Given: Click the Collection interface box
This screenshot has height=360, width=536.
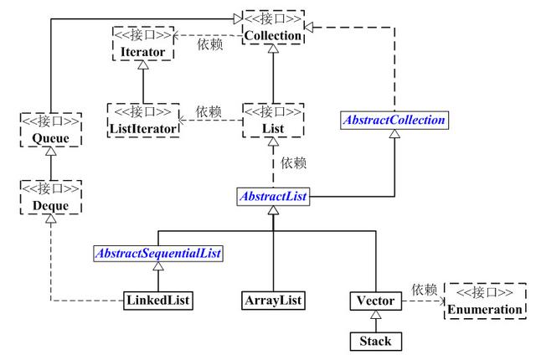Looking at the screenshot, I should tap(273, 27).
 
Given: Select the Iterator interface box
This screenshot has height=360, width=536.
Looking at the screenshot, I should tap(142, 43).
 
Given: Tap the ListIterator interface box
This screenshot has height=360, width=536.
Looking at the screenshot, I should tap(144, 121).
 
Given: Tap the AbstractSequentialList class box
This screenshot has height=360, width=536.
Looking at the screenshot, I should tap(159, 254).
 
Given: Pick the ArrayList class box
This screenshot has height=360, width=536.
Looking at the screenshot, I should tap(273, 299).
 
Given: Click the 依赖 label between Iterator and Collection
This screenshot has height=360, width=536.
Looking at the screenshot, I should tap(209, 43).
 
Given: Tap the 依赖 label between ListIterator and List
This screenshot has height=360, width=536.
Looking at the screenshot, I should tap(209, 111).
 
